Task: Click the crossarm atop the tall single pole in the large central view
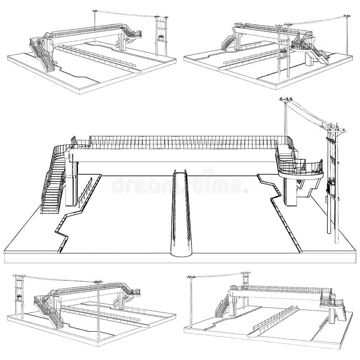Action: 285,100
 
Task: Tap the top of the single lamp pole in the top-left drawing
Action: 95,10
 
